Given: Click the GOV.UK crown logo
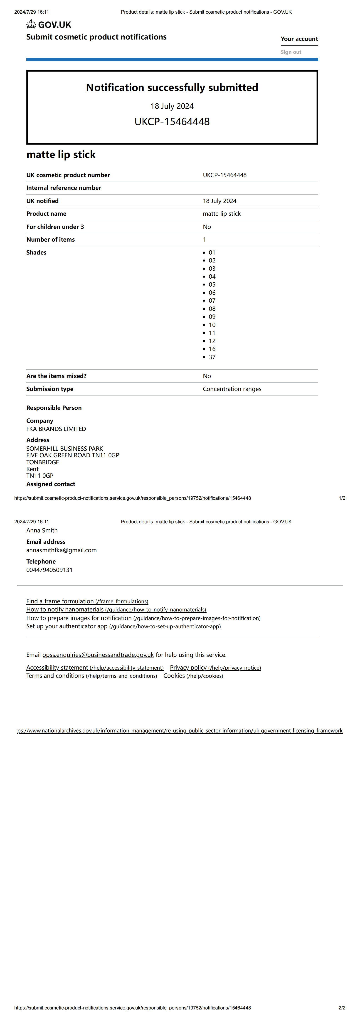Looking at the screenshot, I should coord(31,25).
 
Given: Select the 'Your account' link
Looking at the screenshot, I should coord(299,39).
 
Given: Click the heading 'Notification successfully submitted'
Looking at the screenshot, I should coord(172,87).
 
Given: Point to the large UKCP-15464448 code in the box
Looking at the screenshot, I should coord(172,121).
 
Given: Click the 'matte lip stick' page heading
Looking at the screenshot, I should coord(61,155).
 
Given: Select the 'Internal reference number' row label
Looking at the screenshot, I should coord(64,188).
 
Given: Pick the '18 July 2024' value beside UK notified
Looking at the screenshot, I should coord(219,201).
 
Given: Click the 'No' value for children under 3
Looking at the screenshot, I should coord(207,227).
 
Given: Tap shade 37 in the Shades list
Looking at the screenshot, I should coord(212,357).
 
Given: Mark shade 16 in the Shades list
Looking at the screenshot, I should coord(212,349).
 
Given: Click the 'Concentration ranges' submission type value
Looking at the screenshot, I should coord(232,389).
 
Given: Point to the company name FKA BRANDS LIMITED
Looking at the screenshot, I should coord(56,429).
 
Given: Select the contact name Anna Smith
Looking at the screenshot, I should coord(42,530).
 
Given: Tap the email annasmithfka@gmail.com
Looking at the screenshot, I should coord(61,550).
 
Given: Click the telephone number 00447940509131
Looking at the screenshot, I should coord(49,570).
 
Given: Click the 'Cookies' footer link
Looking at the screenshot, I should coord(174,676).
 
